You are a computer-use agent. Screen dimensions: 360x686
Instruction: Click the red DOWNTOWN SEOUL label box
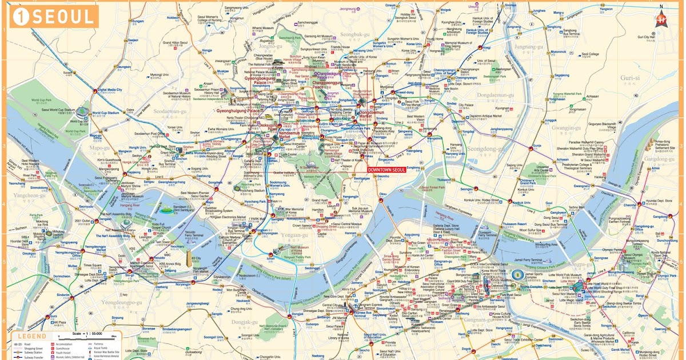(386, 170)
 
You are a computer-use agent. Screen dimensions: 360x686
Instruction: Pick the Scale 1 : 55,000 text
(89, 333)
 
